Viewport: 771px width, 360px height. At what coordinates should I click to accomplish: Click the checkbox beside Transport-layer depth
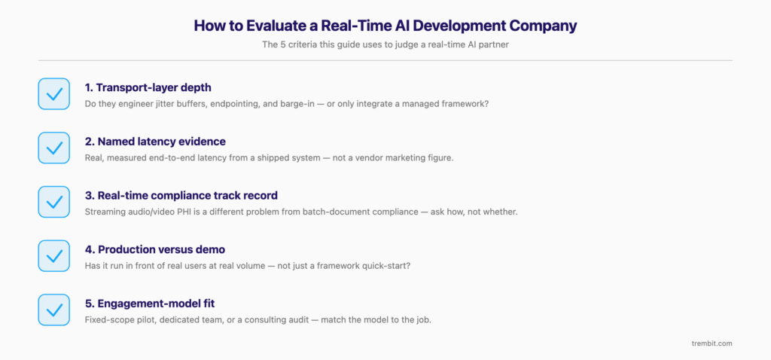tap(54, 93)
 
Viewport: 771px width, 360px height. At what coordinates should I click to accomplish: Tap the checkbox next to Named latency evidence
tap(54, 148)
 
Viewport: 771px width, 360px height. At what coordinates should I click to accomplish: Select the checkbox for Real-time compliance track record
tap(54, 202)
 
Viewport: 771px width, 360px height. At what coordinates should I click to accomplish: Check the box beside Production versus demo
tap(54, 256)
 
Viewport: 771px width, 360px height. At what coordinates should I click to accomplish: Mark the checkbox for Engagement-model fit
tap(54, 310)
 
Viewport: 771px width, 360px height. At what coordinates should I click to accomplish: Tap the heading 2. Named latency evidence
tap(155, 142)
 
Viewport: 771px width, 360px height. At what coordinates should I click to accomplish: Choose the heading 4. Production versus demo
tap(155, 250)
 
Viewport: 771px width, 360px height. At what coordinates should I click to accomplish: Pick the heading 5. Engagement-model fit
tap(150, 304)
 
